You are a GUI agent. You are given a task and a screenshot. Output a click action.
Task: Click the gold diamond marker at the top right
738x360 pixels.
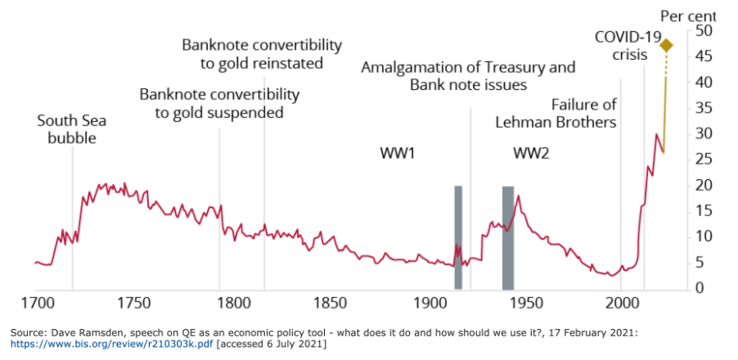click(667, 45)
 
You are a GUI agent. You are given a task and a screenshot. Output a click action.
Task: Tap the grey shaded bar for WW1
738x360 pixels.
click(458, 236)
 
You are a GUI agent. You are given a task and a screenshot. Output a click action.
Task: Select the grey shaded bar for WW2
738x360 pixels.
click(507, 236)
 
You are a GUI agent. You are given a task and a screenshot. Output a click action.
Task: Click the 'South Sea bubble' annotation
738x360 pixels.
click(72, 130)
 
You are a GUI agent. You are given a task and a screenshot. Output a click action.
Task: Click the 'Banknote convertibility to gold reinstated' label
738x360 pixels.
click(262, 53)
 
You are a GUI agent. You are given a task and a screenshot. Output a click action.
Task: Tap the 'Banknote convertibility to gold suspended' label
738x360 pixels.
click(219, 103)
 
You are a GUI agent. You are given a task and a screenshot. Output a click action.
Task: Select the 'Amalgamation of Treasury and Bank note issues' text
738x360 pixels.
click(468, 75)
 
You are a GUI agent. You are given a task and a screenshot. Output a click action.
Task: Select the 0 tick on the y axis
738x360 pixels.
click(700, 288)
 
